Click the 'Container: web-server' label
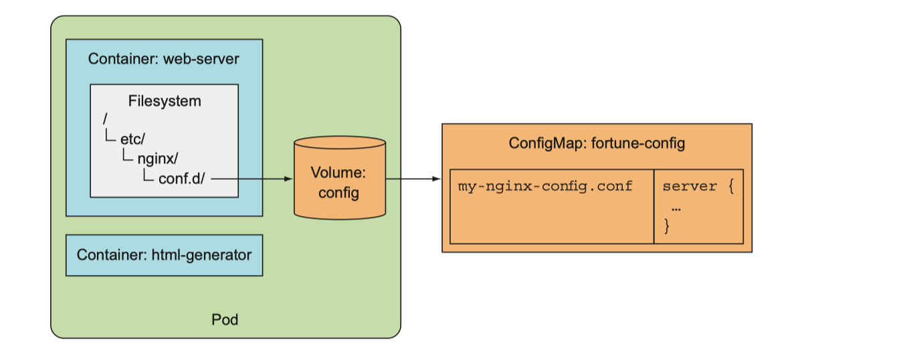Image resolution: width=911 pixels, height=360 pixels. pyautogui.click(x=164, y=60)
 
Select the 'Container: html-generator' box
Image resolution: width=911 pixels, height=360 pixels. pyautogui.click(x=164, y=255)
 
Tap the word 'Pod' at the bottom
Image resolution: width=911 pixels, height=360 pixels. pyautogui.click(x=225, y=319)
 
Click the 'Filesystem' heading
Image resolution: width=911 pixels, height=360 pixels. pyautogui.click(x=165, y=102)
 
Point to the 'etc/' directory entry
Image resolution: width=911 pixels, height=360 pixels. pyautogui.click(x=132, y=139)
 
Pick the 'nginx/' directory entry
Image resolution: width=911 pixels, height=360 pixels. pyautogui.click(x=158, y=159)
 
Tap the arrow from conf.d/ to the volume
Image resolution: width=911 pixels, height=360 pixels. pyautogui.click(x=254, y=179)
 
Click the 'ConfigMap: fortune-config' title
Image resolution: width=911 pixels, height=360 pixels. pyautogui.click(x=597, y=143)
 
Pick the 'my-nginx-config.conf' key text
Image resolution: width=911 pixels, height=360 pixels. pyautogui.click(x=545, y=186)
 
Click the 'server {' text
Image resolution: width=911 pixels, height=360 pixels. pyautogui.click(x=698, y=186)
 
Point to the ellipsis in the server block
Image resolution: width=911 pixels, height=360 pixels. pyautogui.click(x=676, y=207)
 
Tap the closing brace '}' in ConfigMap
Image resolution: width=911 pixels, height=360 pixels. pyautogui.click(x=667, y=226)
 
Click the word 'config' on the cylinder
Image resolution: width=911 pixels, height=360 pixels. pyautogui.click(x=339, y=193)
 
